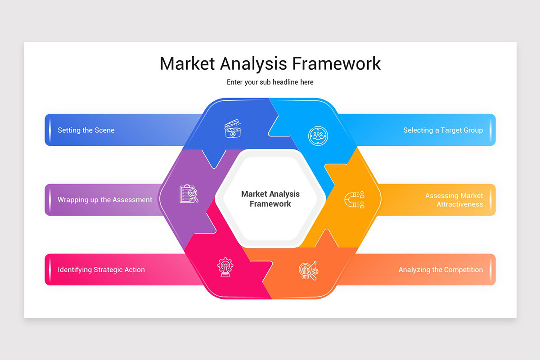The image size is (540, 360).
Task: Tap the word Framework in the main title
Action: click(x=336, y=63)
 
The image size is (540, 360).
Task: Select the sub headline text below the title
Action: click(x=270, y=82)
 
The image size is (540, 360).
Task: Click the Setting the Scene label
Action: click(x=86, y=130)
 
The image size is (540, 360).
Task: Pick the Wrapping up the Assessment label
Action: click(x=105, y=200)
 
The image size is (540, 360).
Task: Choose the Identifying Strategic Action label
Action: click(x=101, y=270)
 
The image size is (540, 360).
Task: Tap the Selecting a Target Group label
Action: click(x=443, y=130)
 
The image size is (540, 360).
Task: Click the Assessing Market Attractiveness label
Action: click(x=454, y=200)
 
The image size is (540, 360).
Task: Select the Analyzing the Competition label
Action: click(x=441, y=270)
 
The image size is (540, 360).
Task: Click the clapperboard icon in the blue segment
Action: click(x=233, y=128)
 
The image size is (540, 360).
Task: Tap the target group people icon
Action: click(x=318, y=135)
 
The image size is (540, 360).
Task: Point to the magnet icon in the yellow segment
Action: click(x=354, y=200)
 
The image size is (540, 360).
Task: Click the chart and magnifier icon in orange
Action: click(x=308, y=270)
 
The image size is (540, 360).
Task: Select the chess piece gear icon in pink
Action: click(x=225, y=266)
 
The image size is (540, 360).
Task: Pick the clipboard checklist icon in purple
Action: click(x=189, y=194)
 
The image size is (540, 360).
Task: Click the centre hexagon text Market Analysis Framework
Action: click(x=270, y=199)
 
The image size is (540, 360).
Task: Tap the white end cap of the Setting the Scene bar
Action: click(x=49, y=130)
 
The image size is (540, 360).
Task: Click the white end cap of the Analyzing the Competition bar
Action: click(x=491, y=270)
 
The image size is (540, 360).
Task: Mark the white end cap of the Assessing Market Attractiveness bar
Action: click(x=491, y=200)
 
